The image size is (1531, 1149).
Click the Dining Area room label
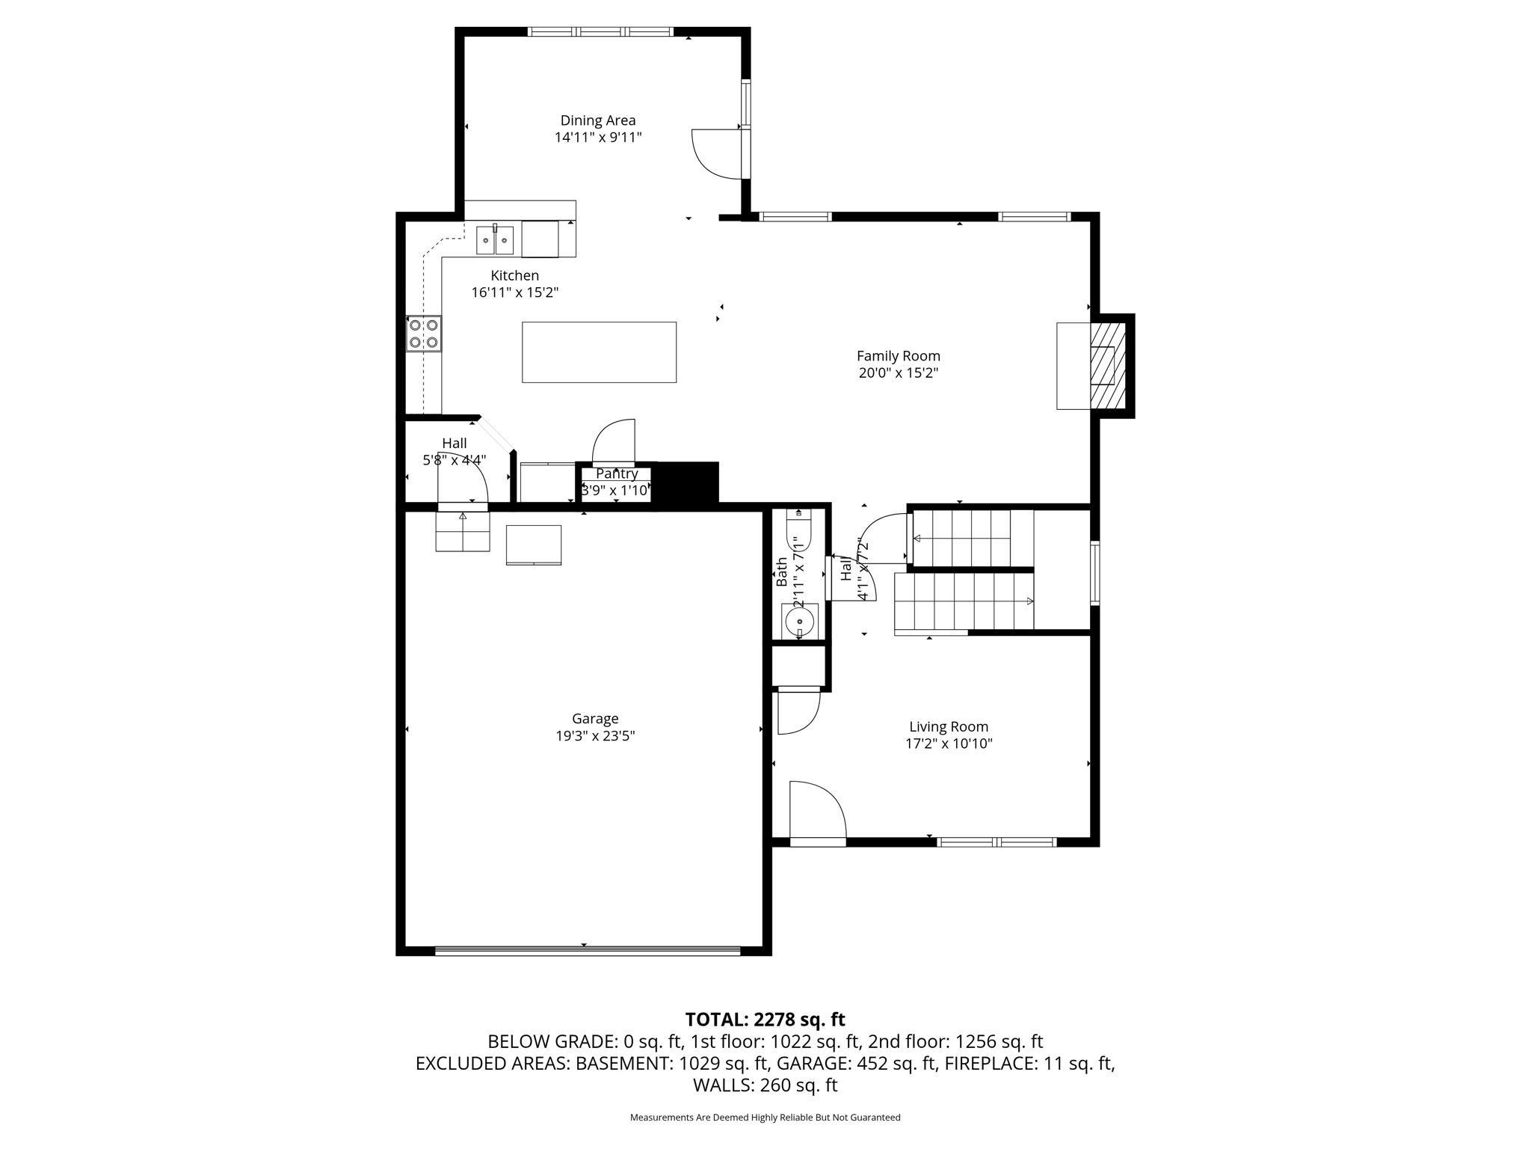[x=598, y=120]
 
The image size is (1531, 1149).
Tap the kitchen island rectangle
[x=599, y=352]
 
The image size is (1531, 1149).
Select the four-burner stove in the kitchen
[x=423, y=334]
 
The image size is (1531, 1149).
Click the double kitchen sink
[x=495, y=240]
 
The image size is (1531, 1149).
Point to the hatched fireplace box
[x=1107, y=365]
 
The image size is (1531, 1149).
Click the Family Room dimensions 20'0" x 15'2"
[x=898, y=373]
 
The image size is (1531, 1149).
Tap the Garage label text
[x=595, y=719]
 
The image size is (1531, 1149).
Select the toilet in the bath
[x=798, y=531]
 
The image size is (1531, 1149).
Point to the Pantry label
[x=617, y=474]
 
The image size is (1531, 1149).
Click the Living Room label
[x=948, y=726]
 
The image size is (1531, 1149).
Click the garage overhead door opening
[x=587, y=952]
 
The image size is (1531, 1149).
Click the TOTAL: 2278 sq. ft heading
[x=765, y=1020]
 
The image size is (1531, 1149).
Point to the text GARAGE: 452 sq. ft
[x=857, y=1063]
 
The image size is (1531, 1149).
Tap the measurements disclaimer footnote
[x=765, y=1118]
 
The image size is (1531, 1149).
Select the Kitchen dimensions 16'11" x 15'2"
[x=514, y=292]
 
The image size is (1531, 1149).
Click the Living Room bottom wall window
[x=996, y=842]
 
